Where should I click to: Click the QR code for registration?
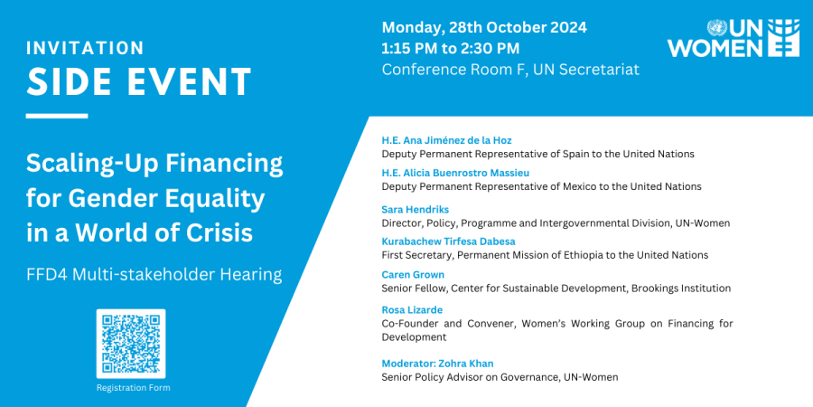pyautogui.click(x=131, y=344)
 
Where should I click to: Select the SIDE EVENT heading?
pyautogui.click(x=138, y=83)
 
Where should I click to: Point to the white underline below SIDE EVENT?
pyautogui.click(x=57, y=116)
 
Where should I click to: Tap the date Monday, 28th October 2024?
pyautogui.click(x=484, y=27)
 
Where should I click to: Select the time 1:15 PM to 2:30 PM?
pyautogui.click(x=451, y=48)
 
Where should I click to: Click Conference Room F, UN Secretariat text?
pyautogui.click(x=510, y=70)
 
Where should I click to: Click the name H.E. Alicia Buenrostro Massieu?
pyautogui.click(x=455, y=173)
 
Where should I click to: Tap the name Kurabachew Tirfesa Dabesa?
pyautogui.click(x=449, y=241)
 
